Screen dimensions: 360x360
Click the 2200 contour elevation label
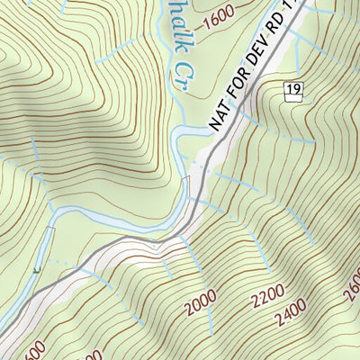pos(268,294)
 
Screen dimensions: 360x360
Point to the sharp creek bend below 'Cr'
pos(177,135)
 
